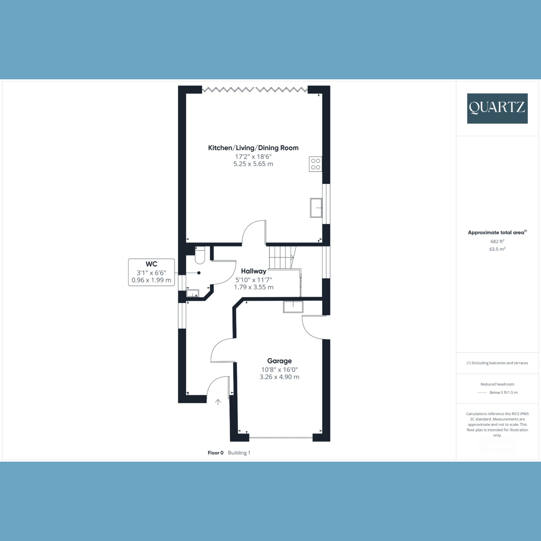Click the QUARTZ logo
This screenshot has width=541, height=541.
497,108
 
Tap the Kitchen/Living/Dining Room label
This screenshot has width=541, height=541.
253,148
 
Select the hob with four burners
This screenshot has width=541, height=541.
315,164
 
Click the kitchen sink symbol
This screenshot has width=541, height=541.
316,208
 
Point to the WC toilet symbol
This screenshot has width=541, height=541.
200,256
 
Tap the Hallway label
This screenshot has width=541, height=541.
253,271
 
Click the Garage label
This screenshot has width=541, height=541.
279,361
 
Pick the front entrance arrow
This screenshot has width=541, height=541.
218,402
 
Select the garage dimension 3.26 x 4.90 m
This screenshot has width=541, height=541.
279,377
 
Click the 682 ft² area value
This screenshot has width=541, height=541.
497,241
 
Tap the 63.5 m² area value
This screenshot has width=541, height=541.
497,249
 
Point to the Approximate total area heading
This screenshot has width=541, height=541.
496,233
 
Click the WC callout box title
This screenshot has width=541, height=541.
151,264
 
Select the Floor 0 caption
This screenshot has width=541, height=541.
215,453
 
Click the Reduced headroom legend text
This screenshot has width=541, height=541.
497,384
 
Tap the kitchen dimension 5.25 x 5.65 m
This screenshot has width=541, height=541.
253,164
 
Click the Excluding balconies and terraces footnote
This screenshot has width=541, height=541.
497,363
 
